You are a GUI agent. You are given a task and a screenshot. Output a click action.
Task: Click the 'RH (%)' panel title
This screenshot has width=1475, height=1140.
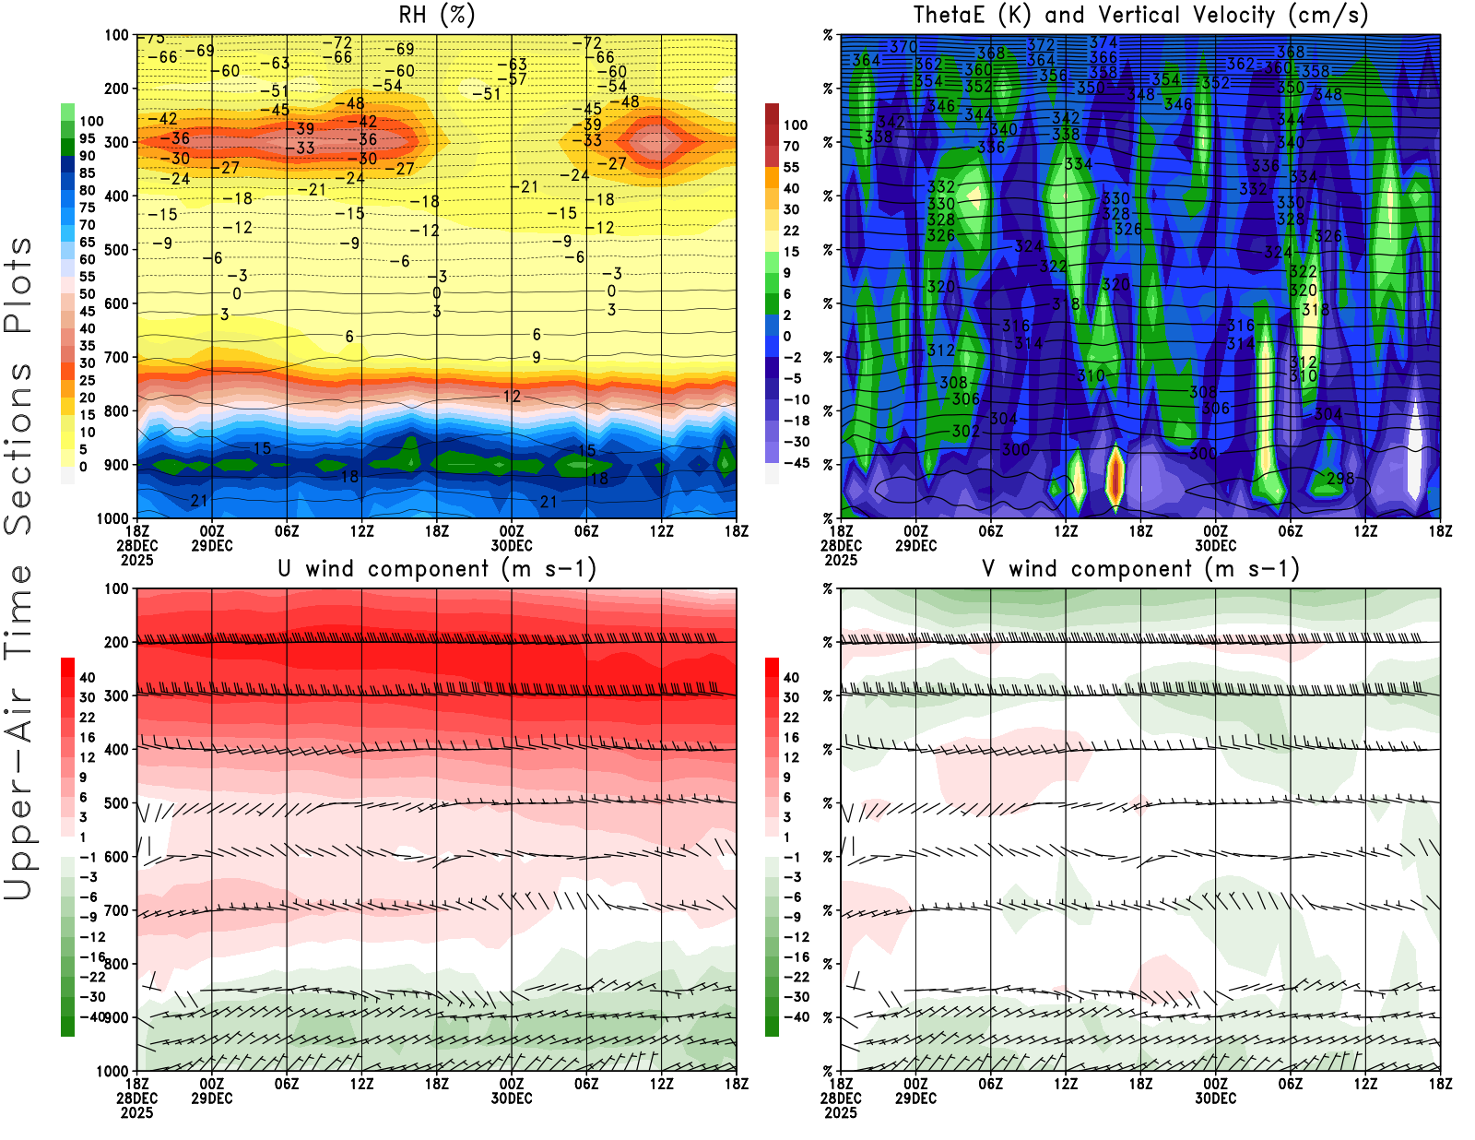point(436,15)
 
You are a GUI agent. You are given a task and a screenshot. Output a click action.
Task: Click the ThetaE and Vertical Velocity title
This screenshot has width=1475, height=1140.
point(1140,15)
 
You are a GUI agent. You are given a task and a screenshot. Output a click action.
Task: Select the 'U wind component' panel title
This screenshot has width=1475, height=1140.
point(436,569)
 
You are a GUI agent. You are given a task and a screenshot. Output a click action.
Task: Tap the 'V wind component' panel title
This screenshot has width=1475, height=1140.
point(1140,569)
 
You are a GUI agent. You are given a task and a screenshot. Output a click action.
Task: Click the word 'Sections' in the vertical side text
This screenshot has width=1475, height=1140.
point(18,448)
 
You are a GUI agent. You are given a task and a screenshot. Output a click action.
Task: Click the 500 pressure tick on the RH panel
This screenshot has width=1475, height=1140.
point(116,250)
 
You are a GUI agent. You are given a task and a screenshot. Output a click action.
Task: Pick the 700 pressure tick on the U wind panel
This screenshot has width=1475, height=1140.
point(116,911)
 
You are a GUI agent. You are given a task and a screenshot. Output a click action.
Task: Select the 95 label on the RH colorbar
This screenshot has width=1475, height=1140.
point(88,138)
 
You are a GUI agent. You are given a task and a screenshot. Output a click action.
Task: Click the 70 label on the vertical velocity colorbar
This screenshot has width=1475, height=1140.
point(791,146)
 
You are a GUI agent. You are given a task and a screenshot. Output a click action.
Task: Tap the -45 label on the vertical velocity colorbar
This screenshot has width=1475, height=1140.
point(796,463)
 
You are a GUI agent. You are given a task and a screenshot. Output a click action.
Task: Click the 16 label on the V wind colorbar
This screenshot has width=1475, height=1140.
point(791,738)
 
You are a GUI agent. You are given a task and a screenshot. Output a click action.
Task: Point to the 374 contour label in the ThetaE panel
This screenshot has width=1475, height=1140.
point(1103,42)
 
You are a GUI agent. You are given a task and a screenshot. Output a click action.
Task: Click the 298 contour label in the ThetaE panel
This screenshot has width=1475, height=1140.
point(1340,479)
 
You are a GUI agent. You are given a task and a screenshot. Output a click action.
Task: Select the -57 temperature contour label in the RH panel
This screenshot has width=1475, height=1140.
point(518,79)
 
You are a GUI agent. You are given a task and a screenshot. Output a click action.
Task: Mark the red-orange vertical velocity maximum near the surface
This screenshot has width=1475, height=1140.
point(1115,475)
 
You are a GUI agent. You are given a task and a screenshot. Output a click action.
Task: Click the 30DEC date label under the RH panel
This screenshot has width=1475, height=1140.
point(511,545)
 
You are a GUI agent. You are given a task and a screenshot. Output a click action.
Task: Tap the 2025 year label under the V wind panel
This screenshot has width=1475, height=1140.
point(841,1112)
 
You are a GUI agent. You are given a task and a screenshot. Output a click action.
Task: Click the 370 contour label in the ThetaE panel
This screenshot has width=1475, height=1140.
point(903,47)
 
